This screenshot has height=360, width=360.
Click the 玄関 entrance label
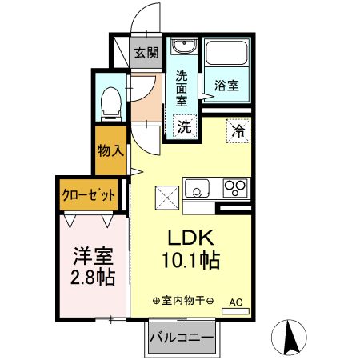146,54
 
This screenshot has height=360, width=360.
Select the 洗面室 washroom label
182,88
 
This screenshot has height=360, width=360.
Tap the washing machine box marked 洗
184,126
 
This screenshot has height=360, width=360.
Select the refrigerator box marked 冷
238,127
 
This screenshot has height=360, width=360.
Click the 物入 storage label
110,150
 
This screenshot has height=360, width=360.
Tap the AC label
237,302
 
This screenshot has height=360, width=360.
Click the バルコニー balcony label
181,338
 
